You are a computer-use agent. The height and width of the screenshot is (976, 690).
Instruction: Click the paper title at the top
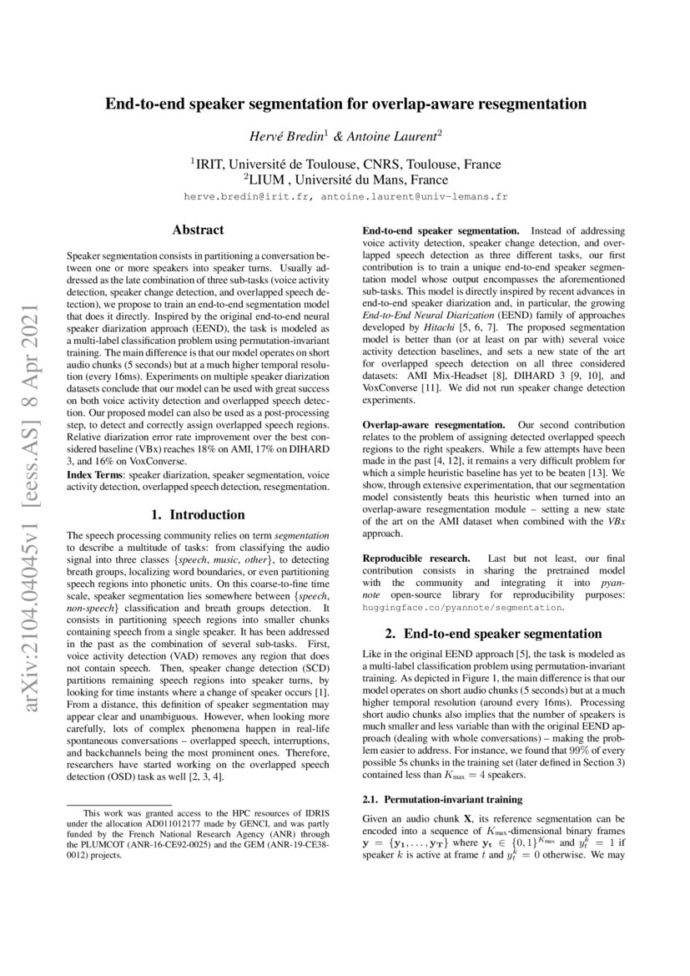pos(345,104)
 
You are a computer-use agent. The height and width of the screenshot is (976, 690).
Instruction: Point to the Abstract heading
pos(197,230)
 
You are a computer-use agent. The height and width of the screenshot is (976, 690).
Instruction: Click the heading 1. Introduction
pos(197,514)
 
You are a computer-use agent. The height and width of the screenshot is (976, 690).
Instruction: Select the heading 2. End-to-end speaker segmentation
pos(493,634)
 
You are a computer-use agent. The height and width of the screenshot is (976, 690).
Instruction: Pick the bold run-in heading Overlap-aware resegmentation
pos(431,427)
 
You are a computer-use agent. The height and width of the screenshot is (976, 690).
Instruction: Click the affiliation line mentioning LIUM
pos(345,179)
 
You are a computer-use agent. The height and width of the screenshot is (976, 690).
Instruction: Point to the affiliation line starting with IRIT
pos(345,164)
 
